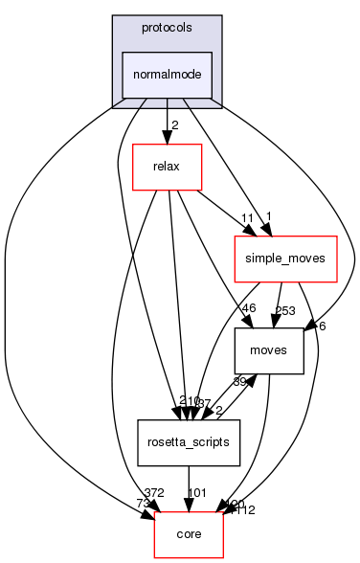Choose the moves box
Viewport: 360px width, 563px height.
(x=270, y=349)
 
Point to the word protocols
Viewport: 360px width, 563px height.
(x=167, y=29)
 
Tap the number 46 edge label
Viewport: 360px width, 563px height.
(x=250, y=308)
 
